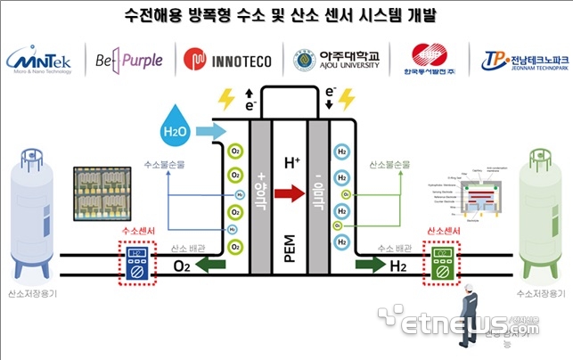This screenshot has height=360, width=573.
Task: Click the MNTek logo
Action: coord(43,60)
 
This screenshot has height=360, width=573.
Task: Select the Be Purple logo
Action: coord(130,60)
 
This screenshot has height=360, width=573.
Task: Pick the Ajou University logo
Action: coord(336,60)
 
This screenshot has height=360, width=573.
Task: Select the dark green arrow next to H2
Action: coord(363,265)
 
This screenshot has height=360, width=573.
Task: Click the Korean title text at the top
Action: coord(286,15)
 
